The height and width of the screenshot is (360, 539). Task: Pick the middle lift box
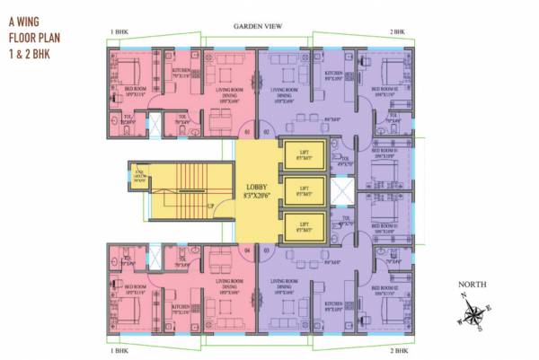coord(303,191)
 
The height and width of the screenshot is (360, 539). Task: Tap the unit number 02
coord(267,133)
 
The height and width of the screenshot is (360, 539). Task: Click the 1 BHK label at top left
coord(119,33)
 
